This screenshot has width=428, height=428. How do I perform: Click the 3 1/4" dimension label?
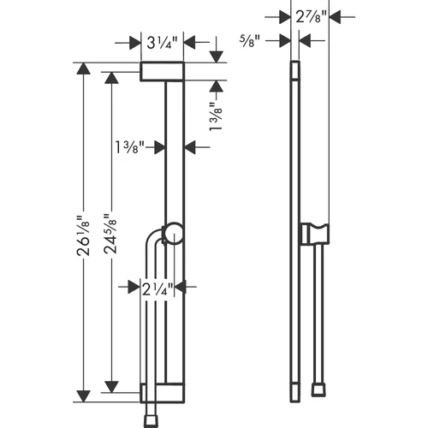[162, 43]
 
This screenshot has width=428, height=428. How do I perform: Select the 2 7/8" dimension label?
[311, 17]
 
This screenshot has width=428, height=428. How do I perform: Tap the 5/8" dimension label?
[250, 41]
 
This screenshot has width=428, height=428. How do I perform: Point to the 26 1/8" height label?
[83, 235]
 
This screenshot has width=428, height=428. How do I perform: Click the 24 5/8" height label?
[110, 234]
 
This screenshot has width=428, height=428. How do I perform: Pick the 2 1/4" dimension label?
[158, 289]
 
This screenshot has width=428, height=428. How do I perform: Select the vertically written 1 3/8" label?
[216, 116]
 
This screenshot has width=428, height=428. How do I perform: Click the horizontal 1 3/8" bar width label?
[130, 147]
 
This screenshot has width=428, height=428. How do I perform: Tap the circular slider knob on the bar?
[173, 234]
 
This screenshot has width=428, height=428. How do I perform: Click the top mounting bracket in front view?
[162, 71]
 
